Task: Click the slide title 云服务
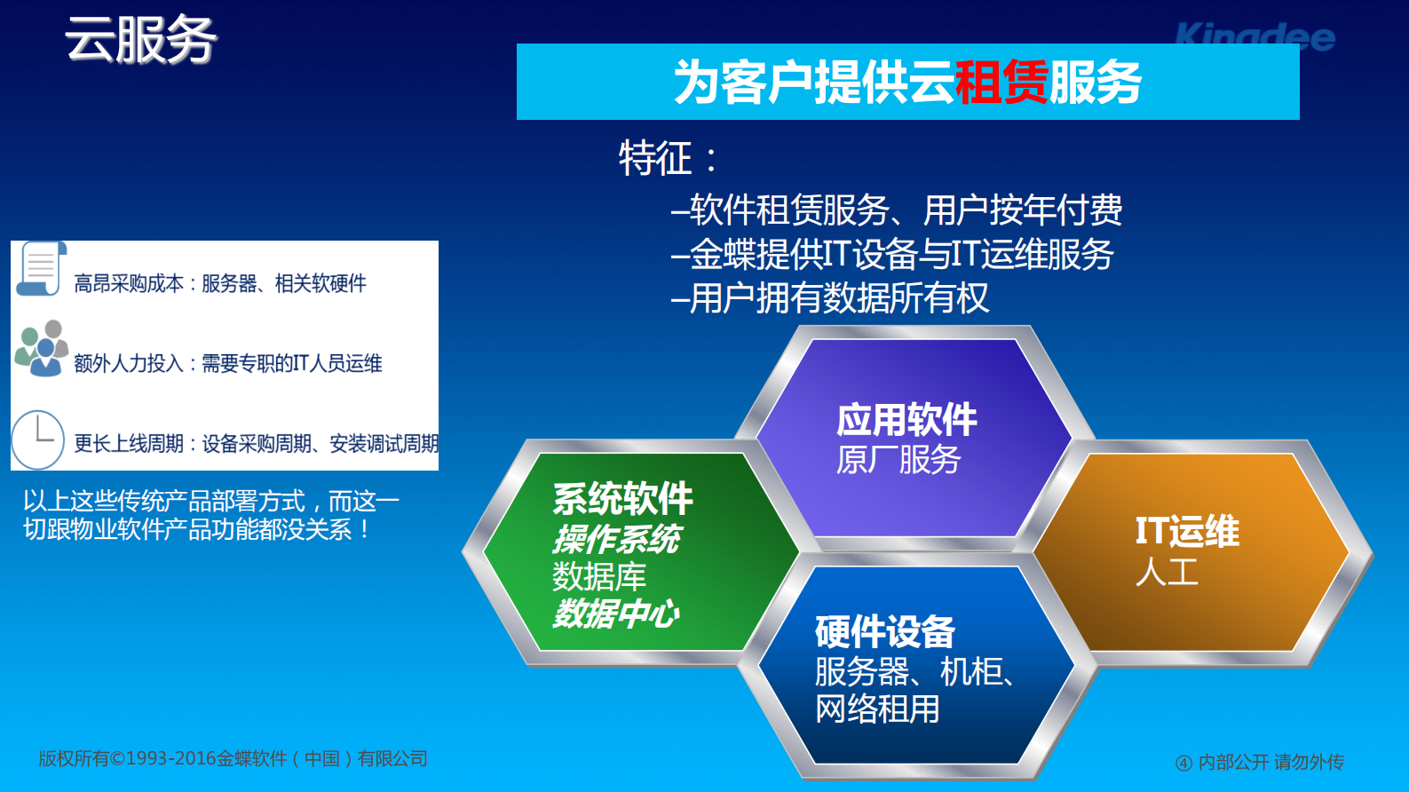pos(140,40)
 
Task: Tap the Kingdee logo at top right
pos(1254,36)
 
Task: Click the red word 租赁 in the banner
pos(1001,83)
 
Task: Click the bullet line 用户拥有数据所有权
pos(830,298)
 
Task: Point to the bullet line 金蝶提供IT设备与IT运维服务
pos(892,255)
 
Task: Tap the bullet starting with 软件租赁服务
pos(897,210)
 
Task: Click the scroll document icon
pos(41,268)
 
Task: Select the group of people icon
pos(42,348)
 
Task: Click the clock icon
pos(37,440)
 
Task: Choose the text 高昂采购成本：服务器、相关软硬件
pos(219,284)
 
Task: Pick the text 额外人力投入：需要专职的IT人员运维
pos(227,363)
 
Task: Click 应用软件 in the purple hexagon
pos(906,420)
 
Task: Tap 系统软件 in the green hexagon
pos(622,499)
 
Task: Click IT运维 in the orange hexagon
pos(1187,531)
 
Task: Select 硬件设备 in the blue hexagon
pos(884,632)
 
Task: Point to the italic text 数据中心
pos(615,614)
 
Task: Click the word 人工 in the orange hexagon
pos(1167,571)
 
